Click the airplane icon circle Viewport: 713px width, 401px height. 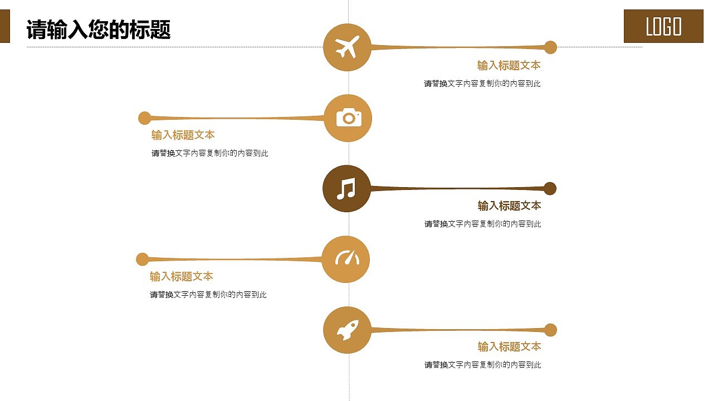click(x=347, y=47)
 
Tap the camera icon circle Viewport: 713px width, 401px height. click(x=348, y=118)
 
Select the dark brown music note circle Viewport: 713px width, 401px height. click(x=346, y=189)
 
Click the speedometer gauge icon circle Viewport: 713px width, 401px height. click(x=346, y=259)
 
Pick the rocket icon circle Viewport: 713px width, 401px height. click(x=347, y=330)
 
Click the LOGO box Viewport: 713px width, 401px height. click(x=663, y=26)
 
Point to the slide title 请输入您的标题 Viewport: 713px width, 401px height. click(x=99, y=30)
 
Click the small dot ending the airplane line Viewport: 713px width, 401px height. click(x=550, y=47)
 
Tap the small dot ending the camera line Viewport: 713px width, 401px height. click(x=144, y=118)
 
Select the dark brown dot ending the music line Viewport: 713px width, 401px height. click(x=550, y=188)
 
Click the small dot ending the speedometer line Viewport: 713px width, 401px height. click(x=143, y=259)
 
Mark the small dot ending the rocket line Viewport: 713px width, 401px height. click(x=550, y=330)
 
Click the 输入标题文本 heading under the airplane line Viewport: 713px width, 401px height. click(x=509, y=66)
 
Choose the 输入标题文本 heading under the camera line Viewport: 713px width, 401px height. click(x=183, y=135)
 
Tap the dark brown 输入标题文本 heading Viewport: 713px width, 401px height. click(x=509, y=206)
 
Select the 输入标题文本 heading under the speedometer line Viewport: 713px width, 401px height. click(x=181, y=277)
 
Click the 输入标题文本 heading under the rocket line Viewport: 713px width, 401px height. click(x=509, y=347)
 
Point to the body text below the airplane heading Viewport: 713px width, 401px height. click(x=482, y=84)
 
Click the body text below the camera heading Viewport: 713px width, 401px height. click(x=209, y=153)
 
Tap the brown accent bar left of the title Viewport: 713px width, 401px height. click(x=4, y=28)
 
